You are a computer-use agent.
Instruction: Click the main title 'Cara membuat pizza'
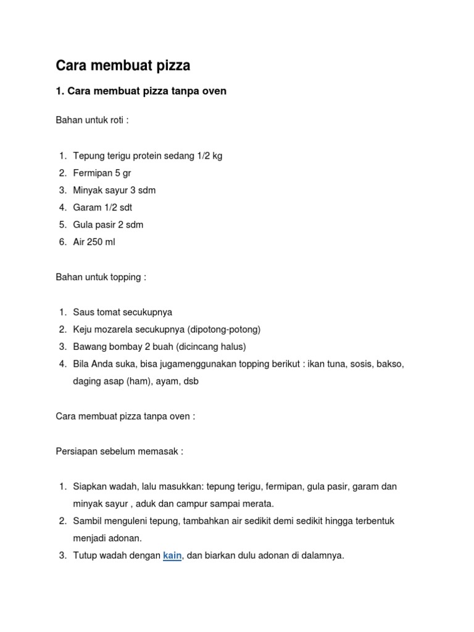pyautogui.click(x=123, y=65)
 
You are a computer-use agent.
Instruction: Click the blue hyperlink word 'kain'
pyautogui.click(x=172, y=555)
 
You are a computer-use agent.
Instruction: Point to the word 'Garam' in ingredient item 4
pyautogui.click(x=86, y=207)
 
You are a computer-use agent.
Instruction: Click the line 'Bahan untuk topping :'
pyautogui.click(x=101, y=277)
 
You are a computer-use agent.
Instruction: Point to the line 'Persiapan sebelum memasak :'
pyautogui.click(x=119, y=451)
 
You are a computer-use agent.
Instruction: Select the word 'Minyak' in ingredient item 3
pyautogui.click(x=87, y=190)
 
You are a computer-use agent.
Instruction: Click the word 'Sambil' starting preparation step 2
pyautogui.click(x=87, y=521)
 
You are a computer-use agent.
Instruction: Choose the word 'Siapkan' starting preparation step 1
pyautogui.click(x=90, y=486)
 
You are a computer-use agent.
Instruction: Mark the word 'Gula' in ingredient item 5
pyautogui.click(x=83, y=225)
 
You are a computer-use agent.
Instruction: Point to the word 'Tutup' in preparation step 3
pyautogui.click(x=85, y=555)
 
